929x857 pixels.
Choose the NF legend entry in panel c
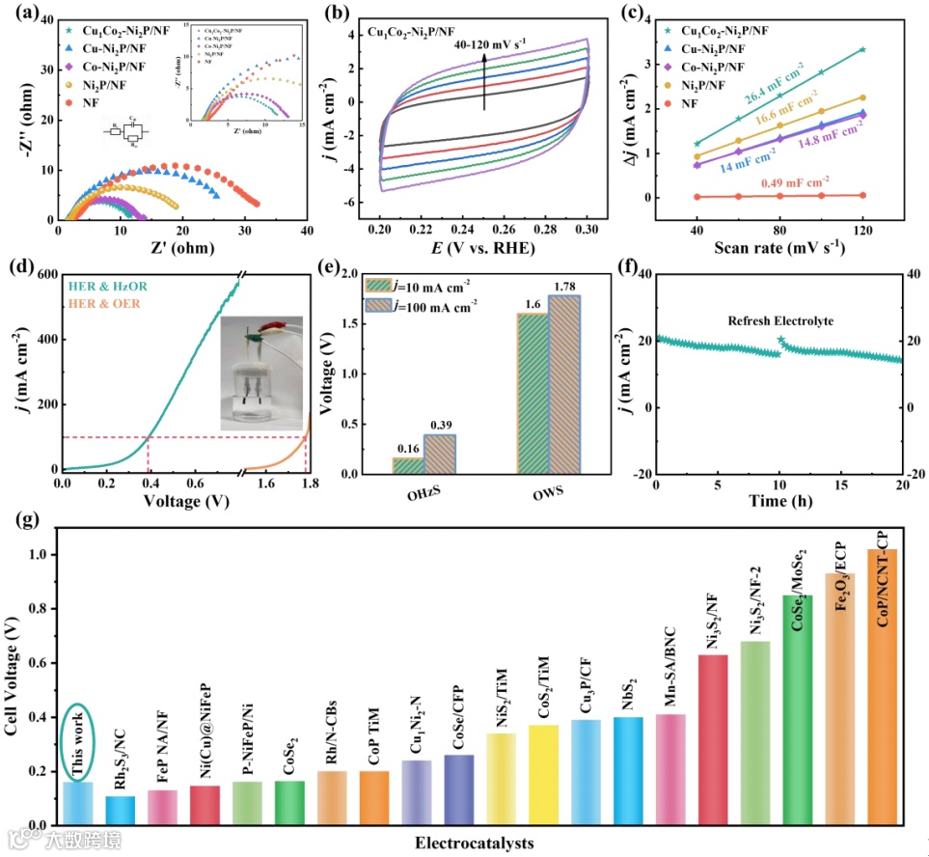coord(703,103)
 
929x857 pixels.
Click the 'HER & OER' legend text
coord(107,306)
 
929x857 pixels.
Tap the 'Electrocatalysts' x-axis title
coord(475,843)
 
